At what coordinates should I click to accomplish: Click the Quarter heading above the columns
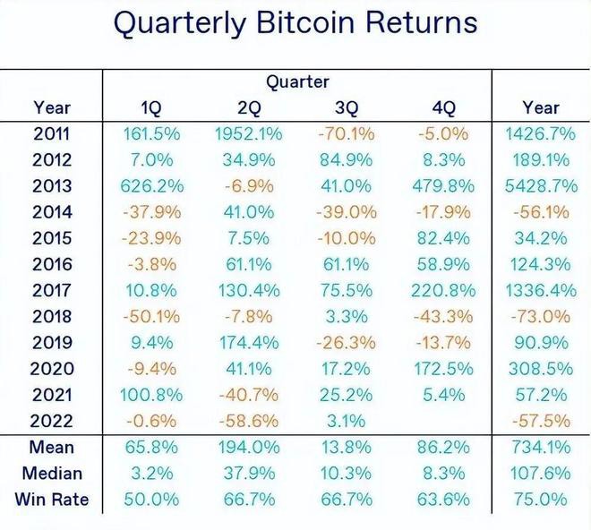click(297, 82)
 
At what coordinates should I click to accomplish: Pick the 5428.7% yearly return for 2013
click(539, 186)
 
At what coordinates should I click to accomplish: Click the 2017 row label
click(51, 290)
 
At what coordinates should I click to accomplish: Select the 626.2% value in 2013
click(151, 186)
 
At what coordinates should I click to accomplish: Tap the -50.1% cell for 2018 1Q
click(151, 316)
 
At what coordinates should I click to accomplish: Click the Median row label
click(51, 473)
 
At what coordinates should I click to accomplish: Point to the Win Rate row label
click(51, 499)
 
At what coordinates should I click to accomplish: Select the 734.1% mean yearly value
click(539, 447)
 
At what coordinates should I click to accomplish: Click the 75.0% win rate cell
click(539, 499)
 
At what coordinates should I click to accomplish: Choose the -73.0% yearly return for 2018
click(539, 316)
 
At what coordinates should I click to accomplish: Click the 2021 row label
click(51, 394)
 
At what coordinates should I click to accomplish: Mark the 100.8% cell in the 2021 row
click(151, 394)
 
